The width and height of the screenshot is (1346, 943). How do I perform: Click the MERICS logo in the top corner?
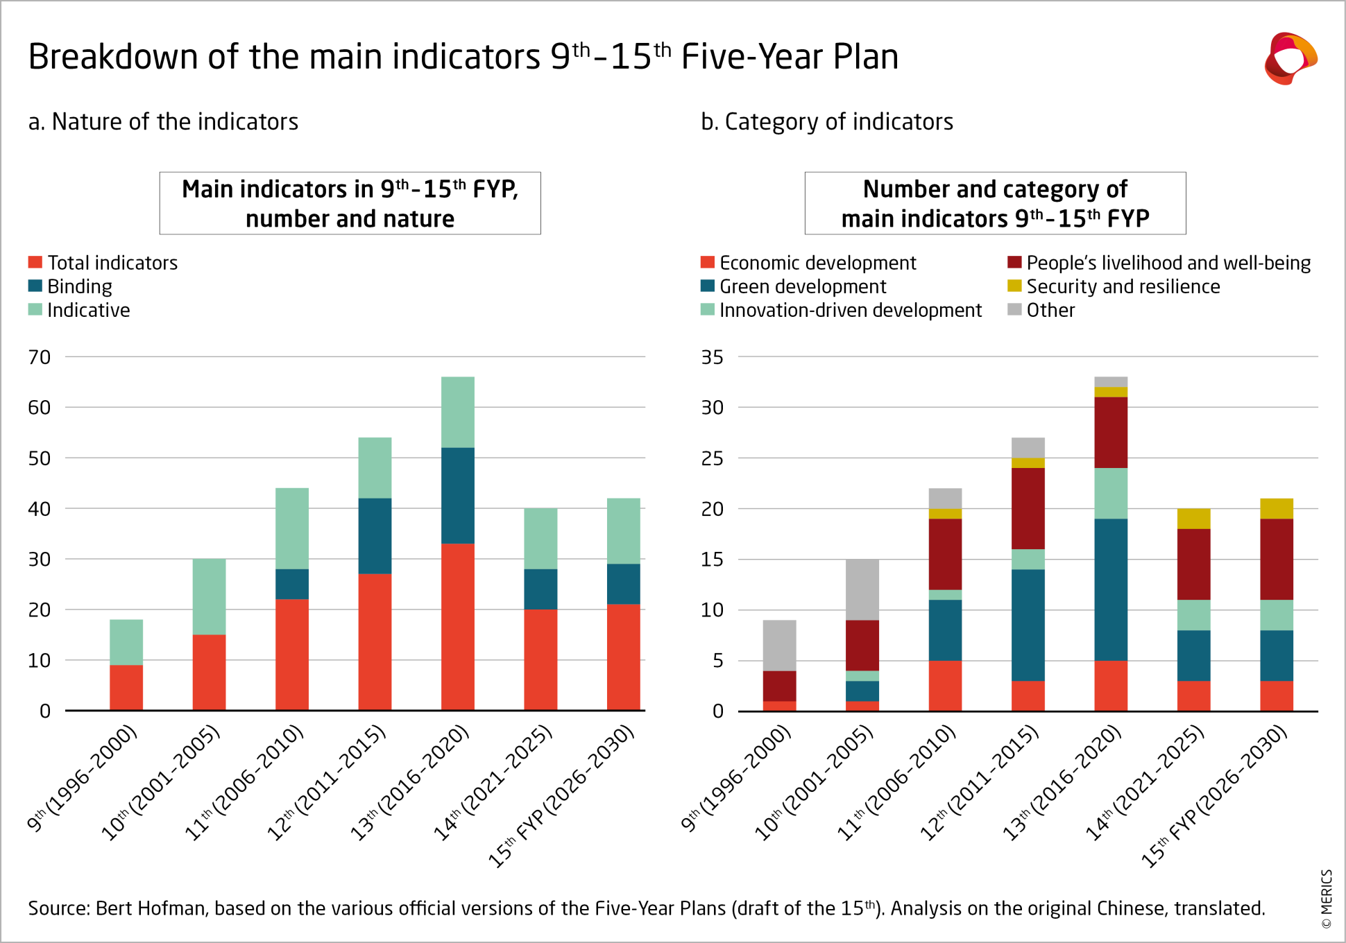pyautogui.click(x=1290, y=58)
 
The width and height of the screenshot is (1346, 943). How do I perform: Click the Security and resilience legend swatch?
pyautogui.click(x=1014, y=286)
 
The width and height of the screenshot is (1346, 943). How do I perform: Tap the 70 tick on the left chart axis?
pyautogui.click(x=40, y=357)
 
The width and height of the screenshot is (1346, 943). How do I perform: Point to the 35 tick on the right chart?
pyautogui.click(x=713, y=357)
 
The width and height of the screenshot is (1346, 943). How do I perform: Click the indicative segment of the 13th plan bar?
pyautogui.click(x=458, y=412)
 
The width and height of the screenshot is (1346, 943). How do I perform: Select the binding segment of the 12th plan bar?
pyautogui.click(x=375, y=535)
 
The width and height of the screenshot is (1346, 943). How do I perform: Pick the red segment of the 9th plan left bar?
pyautogui.click(x=126, y=687)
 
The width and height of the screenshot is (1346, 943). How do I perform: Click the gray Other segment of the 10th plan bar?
pyautogui.click(x=862, y=589)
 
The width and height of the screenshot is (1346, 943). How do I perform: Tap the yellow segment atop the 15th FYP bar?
pyautogui.click(x=1277, y=508)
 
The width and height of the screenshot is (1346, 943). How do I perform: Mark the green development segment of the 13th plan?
pyautogui.click(x=1111, y=589)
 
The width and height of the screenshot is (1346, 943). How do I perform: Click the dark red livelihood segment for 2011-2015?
pyautogui.click(x=1028, y=508)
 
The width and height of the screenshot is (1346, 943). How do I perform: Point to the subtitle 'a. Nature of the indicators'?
pyautogui.click(x=163, y=122)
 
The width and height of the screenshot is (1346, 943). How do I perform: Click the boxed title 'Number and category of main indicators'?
pyautogui.click(x=995, y=203)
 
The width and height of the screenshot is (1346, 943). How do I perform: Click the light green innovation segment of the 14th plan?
pyautogui.click(x=1193, y=614)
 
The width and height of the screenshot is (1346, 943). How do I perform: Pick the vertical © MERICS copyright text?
pyautogui.click(x=1327, y=899)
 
